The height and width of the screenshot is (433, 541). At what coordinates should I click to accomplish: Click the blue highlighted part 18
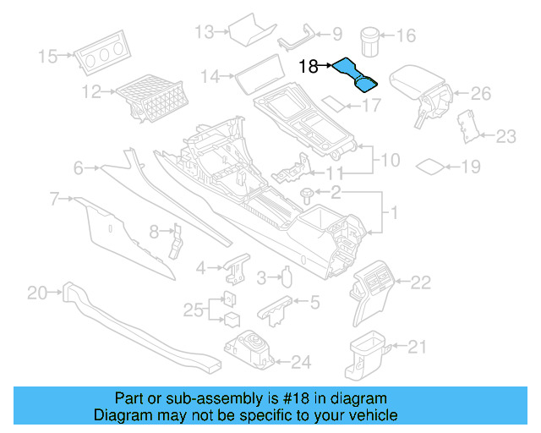356,74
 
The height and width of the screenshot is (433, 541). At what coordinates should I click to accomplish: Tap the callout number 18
309,65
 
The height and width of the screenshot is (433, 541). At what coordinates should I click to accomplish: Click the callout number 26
480,93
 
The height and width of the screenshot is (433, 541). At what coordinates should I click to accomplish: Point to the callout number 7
54,200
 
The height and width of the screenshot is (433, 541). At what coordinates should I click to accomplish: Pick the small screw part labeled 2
307,195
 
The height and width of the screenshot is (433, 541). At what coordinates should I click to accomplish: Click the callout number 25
194,310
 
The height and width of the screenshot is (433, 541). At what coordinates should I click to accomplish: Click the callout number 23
505,136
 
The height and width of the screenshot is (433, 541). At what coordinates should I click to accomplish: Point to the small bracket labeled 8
177,238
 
